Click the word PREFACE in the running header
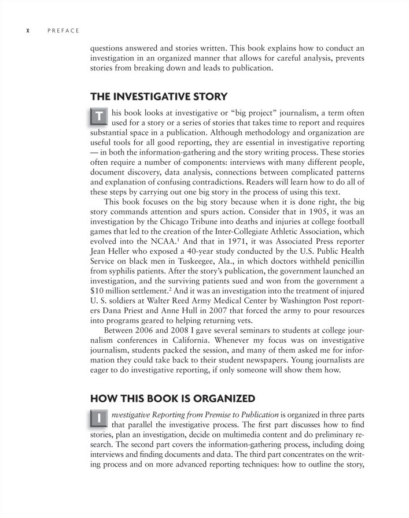(64, 31)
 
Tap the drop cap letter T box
(100, 116)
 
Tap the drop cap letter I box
(100, 418)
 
